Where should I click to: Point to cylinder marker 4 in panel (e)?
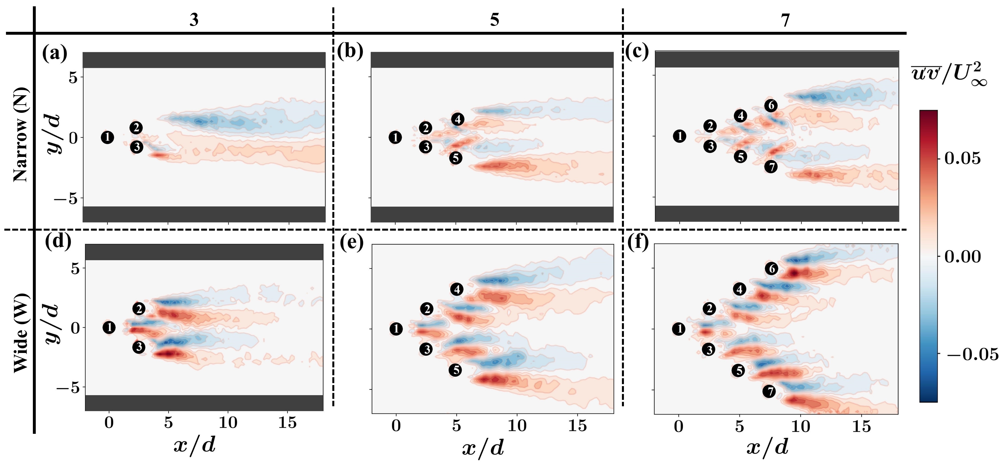point(457,289)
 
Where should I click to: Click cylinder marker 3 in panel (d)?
point(139,347)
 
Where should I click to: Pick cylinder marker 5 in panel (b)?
point(456,158)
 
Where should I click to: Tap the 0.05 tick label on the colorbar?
point(962,159)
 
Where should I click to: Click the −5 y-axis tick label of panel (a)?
point(65,198)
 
